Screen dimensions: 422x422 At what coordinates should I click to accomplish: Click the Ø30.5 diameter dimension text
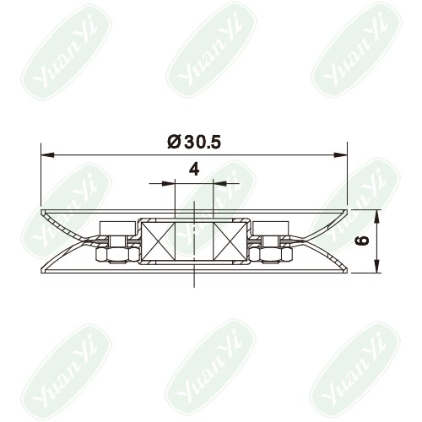(x=194, y=142)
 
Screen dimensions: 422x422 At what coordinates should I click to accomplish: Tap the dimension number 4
(x=194, y=170)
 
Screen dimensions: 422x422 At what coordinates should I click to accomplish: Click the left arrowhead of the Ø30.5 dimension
(x=47, y=154)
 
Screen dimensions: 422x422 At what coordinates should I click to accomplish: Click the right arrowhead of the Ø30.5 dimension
(x=340, y=154)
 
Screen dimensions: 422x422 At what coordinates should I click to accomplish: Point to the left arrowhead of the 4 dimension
(x=168, y=183)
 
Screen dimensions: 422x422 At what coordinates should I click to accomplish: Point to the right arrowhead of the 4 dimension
(x=220, y=183)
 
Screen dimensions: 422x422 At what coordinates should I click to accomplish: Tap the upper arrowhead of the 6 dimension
(x=376, y=217)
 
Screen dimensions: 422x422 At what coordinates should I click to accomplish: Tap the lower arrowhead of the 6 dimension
(x=376, y=266)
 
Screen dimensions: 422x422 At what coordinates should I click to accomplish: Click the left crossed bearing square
(x=159, y=241)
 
